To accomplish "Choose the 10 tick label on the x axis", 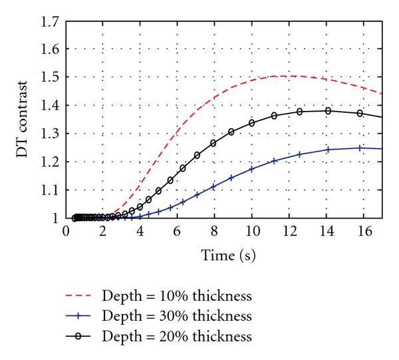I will (x=251, y=230).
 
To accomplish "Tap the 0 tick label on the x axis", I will (x=66, y=230).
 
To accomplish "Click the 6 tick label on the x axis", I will (x=178, y=230).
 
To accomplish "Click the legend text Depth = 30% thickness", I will (x=177, y=315).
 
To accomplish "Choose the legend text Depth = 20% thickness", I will (x=177, y=337).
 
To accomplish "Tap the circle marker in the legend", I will (x=79, y=337).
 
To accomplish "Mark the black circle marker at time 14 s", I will (x=328, y=111).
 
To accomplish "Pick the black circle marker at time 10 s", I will (x=251, y=123).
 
